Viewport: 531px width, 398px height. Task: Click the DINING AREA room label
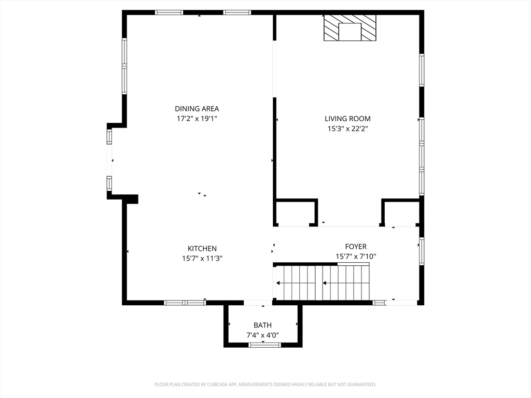pyautogui.click(x=197, y=109)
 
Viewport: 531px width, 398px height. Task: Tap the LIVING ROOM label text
pyautogui.click(x=347, y=119)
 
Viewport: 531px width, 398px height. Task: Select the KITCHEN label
pyautogui.click(x=202, y=248)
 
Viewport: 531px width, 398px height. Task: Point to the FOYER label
pyautogui.click(x=356, y=246)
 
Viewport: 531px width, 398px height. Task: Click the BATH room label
pyautogui.click(x=262, y=325)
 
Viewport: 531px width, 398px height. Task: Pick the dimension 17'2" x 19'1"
pyautogui.click(x=197, y=119)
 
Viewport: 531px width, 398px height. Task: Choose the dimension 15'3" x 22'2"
pyautogui.click(x=347, y=129)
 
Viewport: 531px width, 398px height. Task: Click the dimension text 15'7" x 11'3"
pyautogui.click(x=202, y=259)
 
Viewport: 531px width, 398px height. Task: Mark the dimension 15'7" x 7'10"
pyautogui.click(x=356, y=257)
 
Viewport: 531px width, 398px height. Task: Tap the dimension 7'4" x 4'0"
pyautogui.click(x=262, y=335)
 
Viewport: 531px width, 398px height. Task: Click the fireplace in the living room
pyautogui.click(x=350, y=28)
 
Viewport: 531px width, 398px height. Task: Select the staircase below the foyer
pyautogui.click(x=323, y=282)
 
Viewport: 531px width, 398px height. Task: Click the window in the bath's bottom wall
pyautogui.click(x=264, y=345)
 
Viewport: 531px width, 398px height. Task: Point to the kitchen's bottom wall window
pyautogui.click(x=185, y=303)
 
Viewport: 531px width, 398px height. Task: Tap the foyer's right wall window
pyautogui.click(x=422, y=251)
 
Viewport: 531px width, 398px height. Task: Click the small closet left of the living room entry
pyautogui.click(x=295, y=213)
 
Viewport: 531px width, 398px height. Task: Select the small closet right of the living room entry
pyautogui.click(x=402, y=213)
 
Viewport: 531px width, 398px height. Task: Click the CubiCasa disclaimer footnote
pyautogui.click(x=265, y=385)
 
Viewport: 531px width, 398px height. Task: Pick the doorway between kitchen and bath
pyautogui.click(x=258, y=303)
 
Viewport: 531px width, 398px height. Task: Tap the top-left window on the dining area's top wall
pyautogui.click(x=169, y=12)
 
